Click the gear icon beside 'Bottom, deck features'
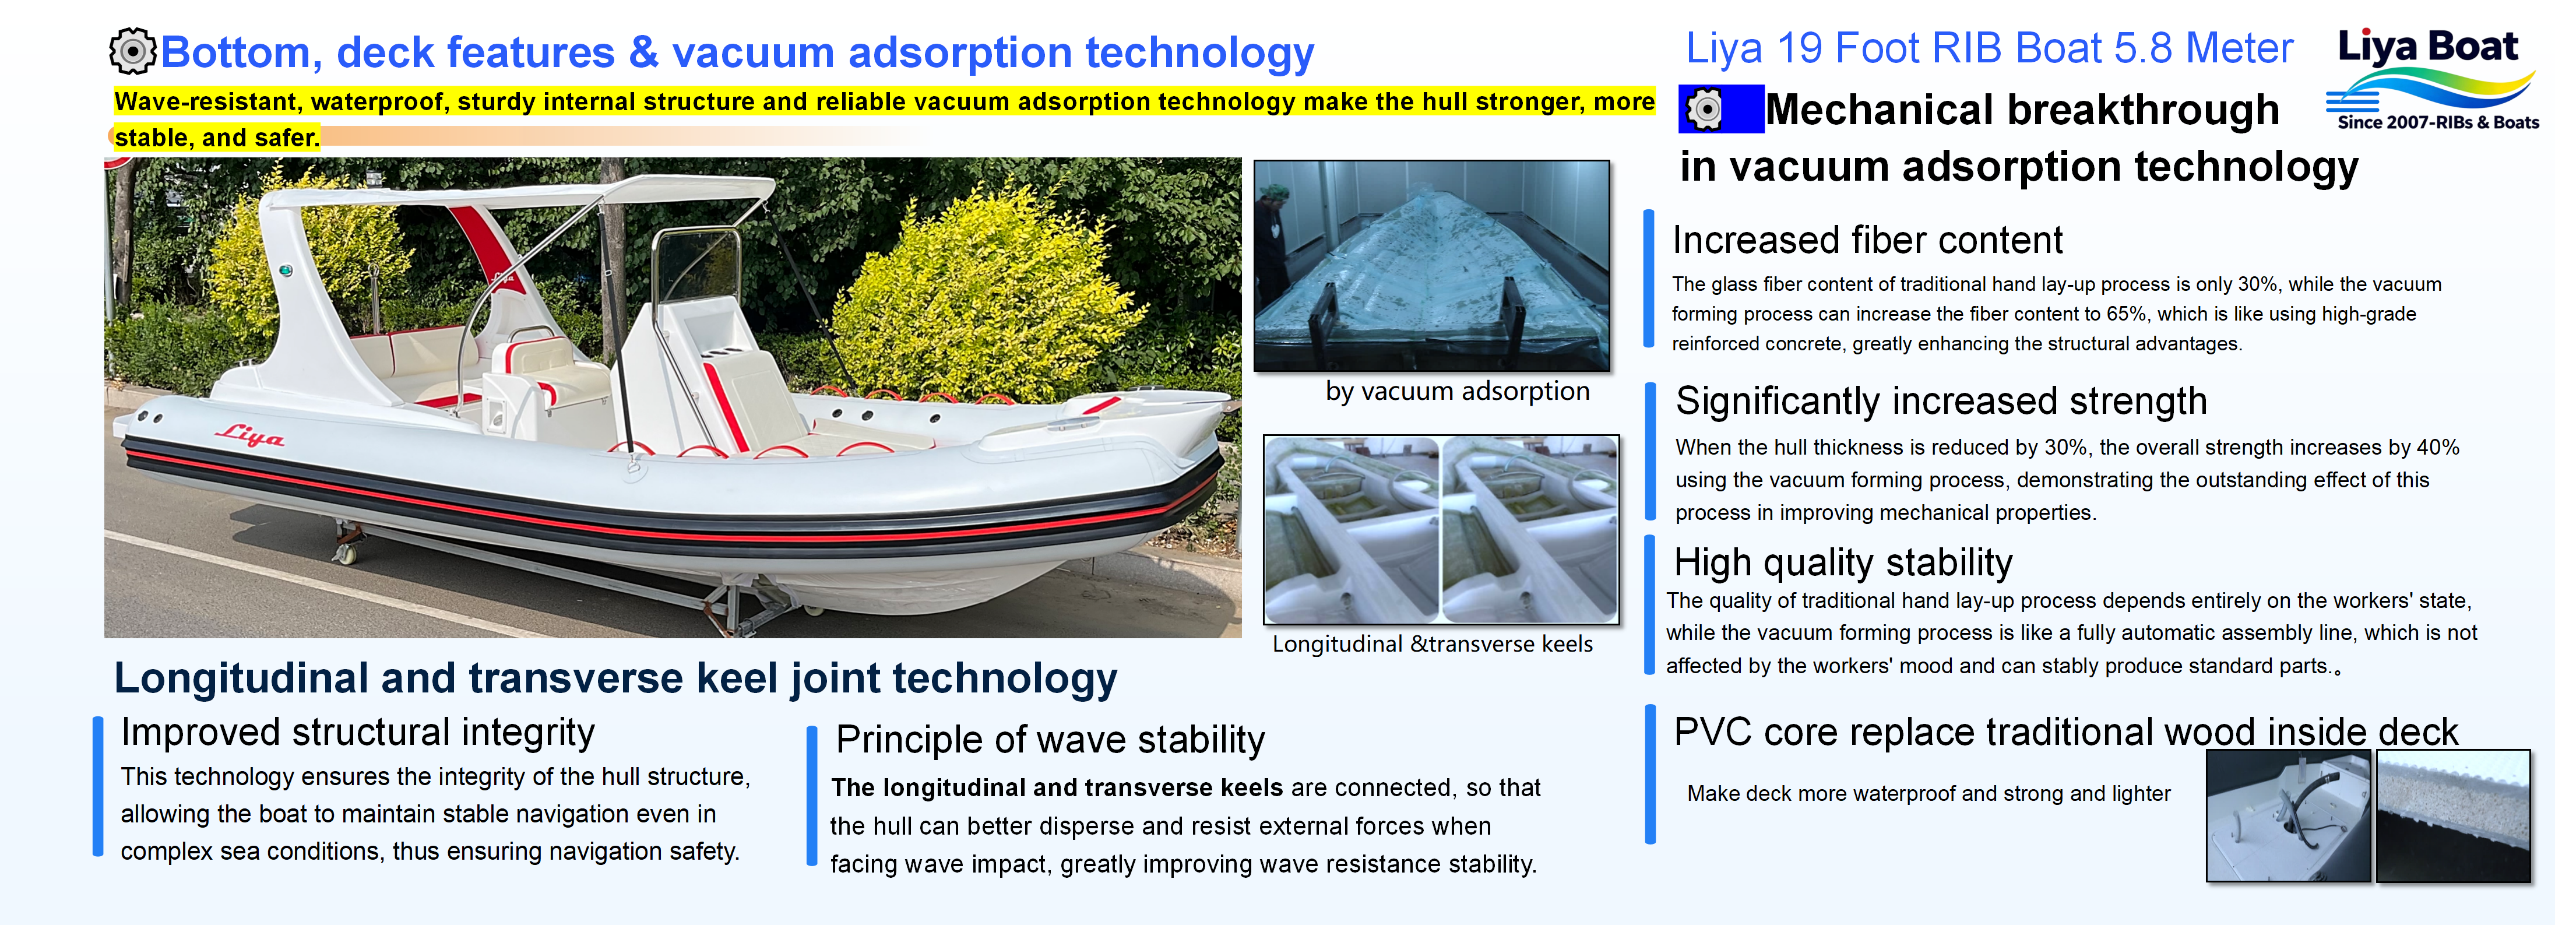(132, 51)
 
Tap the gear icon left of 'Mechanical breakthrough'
(1706, 109)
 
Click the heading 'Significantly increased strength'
(1941, 400)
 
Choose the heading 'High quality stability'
(1843, 562)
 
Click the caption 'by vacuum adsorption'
(1457, 392)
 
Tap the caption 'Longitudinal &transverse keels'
(1432, 645)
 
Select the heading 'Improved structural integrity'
(357, 733)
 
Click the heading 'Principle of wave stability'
(1050, 740)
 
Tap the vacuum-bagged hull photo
(1431, 266)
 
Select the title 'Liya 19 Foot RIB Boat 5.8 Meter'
(1990, 48)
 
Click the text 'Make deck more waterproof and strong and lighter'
(1928, 793)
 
